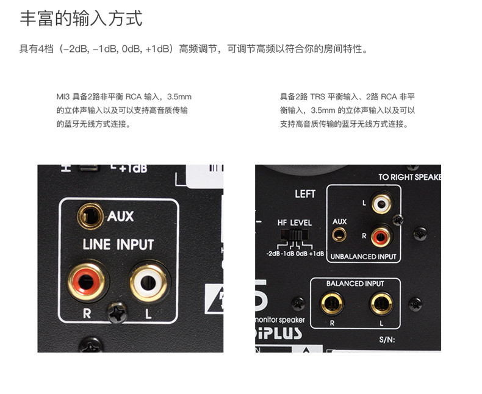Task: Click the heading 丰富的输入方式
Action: pos(81,18)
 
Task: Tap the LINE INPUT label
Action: pos(118,245)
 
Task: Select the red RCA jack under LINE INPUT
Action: pos(85,281)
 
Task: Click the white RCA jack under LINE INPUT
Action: pos(149,281)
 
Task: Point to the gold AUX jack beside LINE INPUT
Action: pos(90,215)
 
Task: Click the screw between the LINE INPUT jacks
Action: pos(117,313)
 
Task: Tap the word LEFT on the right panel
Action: pos(305,194)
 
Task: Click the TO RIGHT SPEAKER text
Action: pos(409,177)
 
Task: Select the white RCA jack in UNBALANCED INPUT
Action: pos(382,204)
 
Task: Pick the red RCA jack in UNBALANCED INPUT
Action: pos(382,235)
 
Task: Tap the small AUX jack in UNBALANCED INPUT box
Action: pos(339,234)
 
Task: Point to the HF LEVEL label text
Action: pos(295,223)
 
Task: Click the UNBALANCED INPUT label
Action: pos(362,257)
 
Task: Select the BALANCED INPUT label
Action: pos(354,284)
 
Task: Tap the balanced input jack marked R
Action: pos(332,303)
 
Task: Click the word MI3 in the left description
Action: pos(63,96)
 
